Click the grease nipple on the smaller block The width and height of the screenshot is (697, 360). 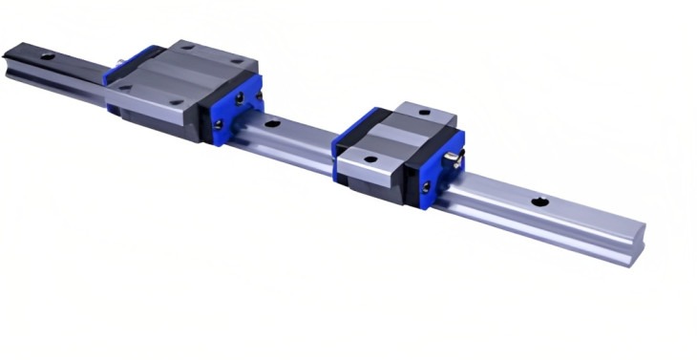coord(458,163)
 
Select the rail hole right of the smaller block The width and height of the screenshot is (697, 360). coord(539,201)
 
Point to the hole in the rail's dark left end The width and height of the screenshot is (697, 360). coord(47,56)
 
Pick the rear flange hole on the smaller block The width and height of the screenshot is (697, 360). coord(423,113)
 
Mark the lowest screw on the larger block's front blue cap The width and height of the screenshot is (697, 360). coord(217,124)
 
